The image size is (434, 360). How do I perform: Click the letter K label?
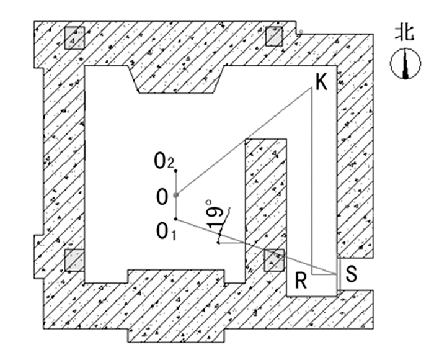321,82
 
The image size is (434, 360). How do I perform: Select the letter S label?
351,274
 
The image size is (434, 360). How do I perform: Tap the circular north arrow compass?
404,65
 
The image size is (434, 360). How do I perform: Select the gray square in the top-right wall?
274,37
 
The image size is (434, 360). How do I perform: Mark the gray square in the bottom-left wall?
74,260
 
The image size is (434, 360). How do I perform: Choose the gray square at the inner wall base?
273,260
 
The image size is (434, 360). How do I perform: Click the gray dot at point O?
176,196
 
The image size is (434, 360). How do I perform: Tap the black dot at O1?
176,219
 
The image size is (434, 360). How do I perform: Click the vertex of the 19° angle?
218,243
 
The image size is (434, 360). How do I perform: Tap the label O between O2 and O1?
162,198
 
